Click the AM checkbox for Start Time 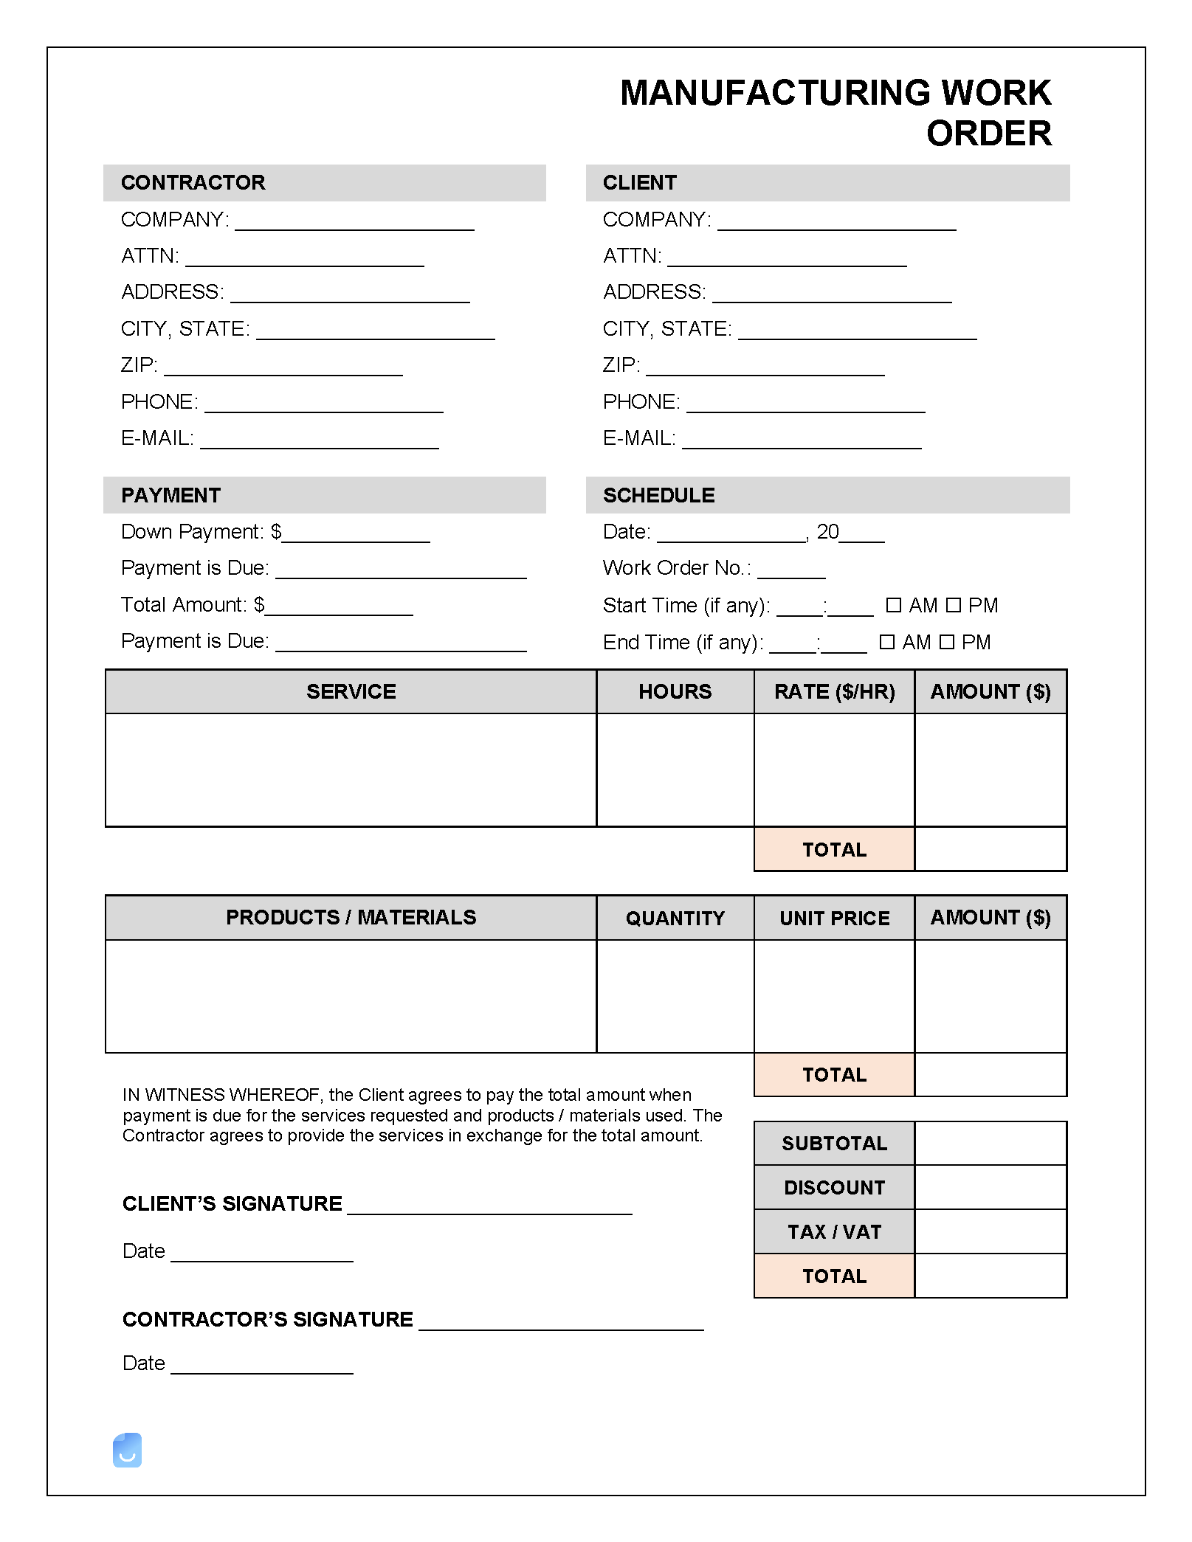coord(893,605)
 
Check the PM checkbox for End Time coord(947,642)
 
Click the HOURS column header coord(675,691)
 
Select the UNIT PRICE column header coord(834,918)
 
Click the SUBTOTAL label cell coord(834,1144)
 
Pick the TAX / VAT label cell coord(834,1232)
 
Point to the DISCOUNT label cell coord(834,1188)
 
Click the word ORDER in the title coord(988,134)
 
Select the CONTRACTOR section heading coord(193,182)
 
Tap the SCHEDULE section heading coord(658,495)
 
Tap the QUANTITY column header coord(675,918)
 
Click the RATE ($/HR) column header coord(834,691)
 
